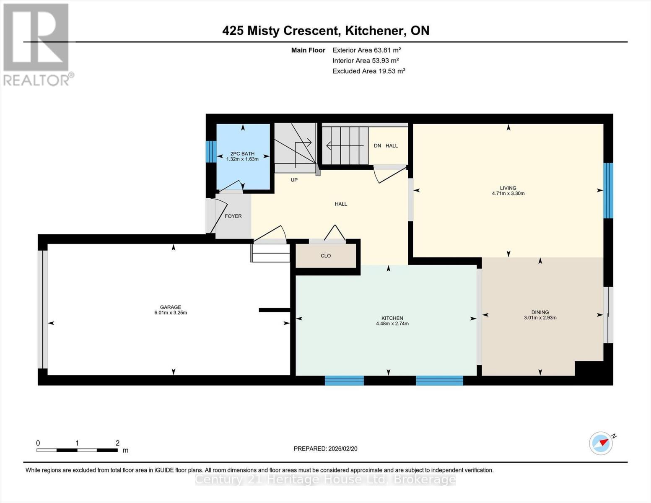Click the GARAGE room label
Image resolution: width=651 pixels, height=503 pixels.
[170, 307]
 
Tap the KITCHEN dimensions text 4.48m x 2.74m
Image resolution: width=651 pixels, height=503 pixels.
[392, 324]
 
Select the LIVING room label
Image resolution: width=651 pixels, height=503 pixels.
[508, 188]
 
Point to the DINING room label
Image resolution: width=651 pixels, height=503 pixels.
[540, 312]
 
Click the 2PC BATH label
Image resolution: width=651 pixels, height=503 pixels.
[242, 154]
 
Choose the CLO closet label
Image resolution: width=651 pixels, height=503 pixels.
[326, 256]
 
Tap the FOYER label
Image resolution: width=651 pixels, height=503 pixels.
[233, 216]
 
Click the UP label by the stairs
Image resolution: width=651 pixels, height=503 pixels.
[294, 180]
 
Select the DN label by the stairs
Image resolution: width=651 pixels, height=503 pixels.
[377, 146]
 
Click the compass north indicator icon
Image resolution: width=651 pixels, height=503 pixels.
[601, 443]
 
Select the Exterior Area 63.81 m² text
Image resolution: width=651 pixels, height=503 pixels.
[367, 50]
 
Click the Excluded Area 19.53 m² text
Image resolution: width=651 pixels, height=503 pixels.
[368, 71]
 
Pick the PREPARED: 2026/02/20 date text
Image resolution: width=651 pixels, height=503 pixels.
[325, 449]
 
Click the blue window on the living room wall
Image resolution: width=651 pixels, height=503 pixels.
[608, 191]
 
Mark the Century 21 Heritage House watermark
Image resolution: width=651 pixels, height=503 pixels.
[325, 479]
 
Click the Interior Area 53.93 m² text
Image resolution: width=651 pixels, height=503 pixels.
[366, 61]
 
